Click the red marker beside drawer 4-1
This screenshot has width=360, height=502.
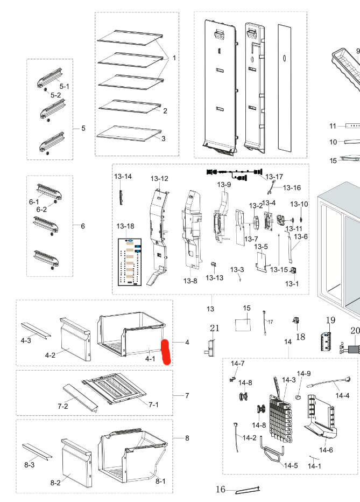point(166,352)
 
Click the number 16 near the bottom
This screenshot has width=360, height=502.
point(221,489)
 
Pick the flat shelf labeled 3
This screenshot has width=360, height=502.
point(129,134)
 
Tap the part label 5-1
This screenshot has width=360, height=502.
point(64,86)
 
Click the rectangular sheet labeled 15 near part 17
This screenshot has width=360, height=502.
point(243,325)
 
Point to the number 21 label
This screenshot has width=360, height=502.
point(215,329)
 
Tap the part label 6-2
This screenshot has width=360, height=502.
point(41,209)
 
